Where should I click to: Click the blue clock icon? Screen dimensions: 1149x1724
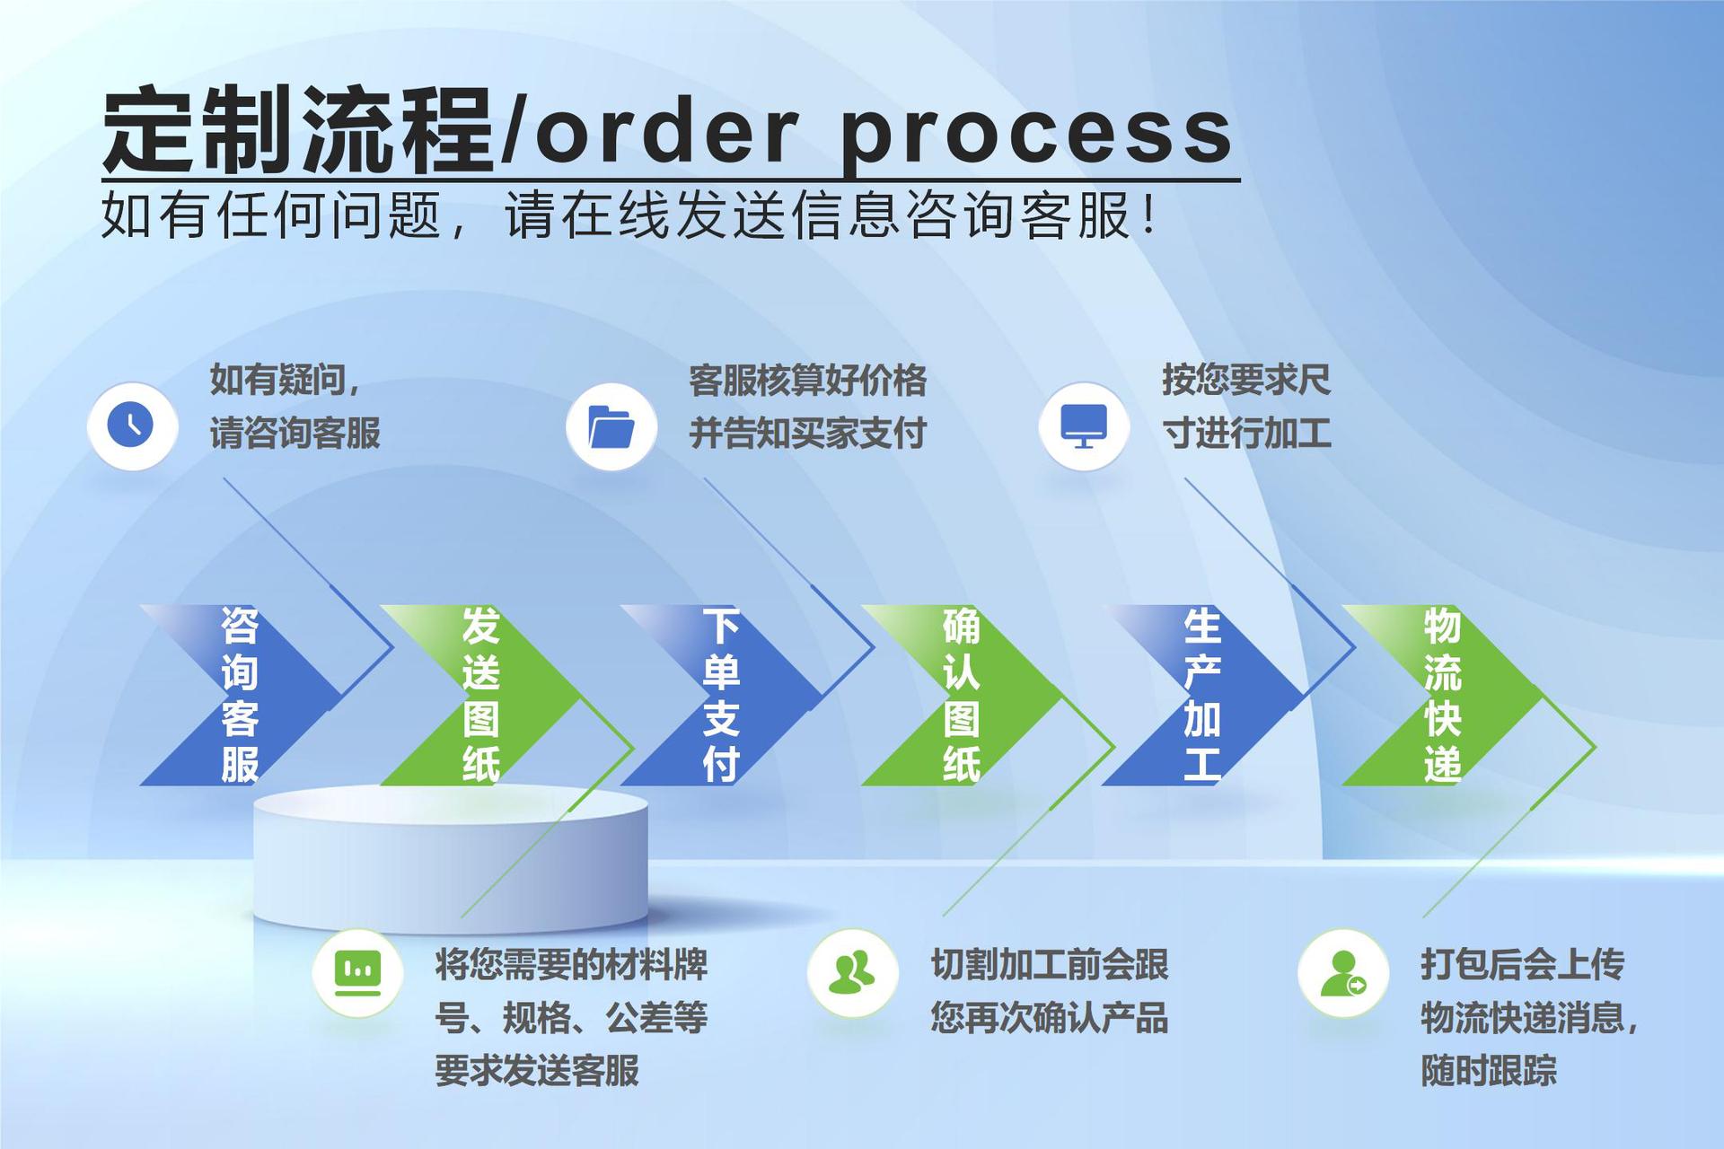point(131,425)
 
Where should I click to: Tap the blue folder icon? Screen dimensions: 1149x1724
point(611,426)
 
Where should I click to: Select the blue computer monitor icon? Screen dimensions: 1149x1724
point(1084,425)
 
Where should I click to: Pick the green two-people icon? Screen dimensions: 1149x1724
point(852,972)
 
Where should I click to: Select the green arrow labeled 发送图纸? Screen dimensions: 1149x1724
point(481,695)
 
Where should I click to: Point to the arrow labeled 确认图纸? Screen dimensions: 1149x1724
point(962,695)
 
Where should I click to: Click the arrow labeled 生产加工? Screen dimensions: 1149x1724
point(1202,695)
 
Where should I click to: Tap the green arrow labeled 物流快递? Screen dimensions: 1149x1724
point(1442,695)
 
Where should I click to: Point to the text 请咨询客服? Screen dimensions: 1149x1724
point(295,434)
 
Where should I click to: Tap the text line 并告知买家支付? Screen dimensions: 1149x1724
point(807,434)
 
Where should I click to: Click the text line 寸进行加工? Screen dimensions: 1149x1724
point(1246,434)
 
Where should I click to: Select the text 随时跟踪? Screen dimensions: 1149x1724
point(1488,1070)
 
